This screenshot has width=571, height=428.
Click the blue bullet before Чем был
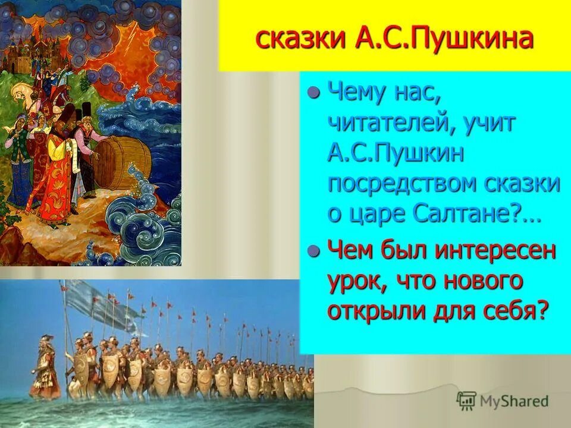(x=314, y=250)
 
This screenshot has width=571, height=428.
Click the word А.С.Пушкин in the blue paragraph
(x=395, y=155)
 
